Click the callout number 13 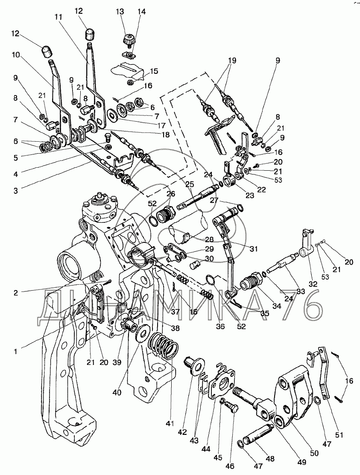120,12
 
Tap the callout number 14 141,12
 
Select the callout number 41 170,423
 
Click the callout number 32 313,284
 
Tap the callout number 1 15,352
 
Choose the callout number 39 117,363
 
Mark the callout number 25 190,184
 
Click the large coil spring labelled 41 164,346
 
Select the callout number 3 15,190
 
